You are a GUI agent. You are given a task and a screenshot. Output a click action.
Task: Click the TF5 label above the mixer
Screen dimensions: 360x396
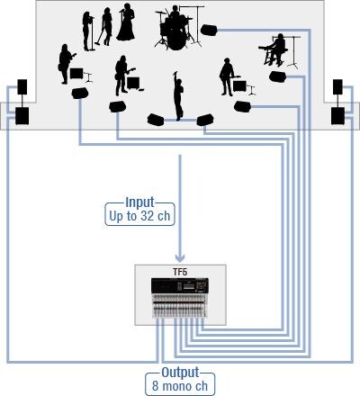(180, 272)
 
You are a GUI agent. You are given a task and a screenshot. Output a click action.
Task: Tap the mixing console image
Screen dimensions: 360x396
(180, 298)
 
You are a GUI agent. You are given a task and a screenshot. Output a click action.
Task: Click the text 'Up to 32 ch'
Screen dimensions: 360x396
(139, 216)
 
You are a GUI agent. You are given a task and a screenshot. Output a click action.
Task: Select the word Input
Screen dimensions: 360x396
(139, 202)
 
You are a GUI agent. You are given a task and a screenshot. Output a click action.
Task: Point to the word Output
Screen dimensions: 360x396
(180, 373)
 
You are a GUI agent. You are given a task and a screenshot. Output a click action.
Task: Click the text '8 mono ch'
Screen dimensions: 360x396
(180, 386)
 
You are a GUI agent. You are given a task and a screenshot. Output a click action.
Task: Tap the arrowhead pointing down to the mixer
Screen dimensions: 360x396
(180, 257)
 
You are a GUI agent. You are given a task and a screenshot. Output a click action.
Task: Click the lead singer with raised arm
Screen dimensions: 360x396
(178, 95)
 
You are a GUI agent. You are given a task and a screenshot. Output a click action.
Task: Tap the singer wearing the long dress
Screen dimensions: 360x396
(126, 22)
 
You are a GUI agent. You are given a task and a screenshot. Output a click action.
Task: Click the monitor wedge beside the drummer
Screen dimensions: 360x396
(209, 31)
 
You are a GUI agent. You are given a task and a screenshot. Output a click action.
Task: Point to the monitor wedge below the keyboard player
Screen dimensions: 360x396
(278, 76)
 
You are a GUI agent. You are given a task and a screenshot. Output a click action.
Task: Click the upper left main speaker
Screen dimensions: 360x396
(22, 87)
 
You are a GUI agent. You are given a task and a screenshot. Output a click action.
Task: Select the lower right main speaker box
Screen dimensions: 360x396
(337, 116)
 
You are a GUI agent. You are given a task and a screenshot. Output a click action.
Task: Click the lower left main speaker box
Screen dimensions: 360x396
(22, 116)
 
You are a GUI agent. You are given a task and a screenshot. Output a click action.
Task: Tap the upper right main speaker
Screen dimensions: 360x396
(337, 87)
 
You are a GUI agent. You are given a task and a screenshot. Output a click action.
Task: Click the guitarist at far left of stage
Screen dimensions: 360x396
(65, 64)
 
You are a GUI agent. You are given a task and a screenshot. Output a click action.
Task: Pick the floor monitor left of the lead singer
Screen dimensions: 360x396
(156, 120)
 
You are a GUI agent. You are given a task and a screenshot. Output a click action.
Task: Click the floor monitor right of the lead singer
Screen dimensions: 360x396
(205, 120)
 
